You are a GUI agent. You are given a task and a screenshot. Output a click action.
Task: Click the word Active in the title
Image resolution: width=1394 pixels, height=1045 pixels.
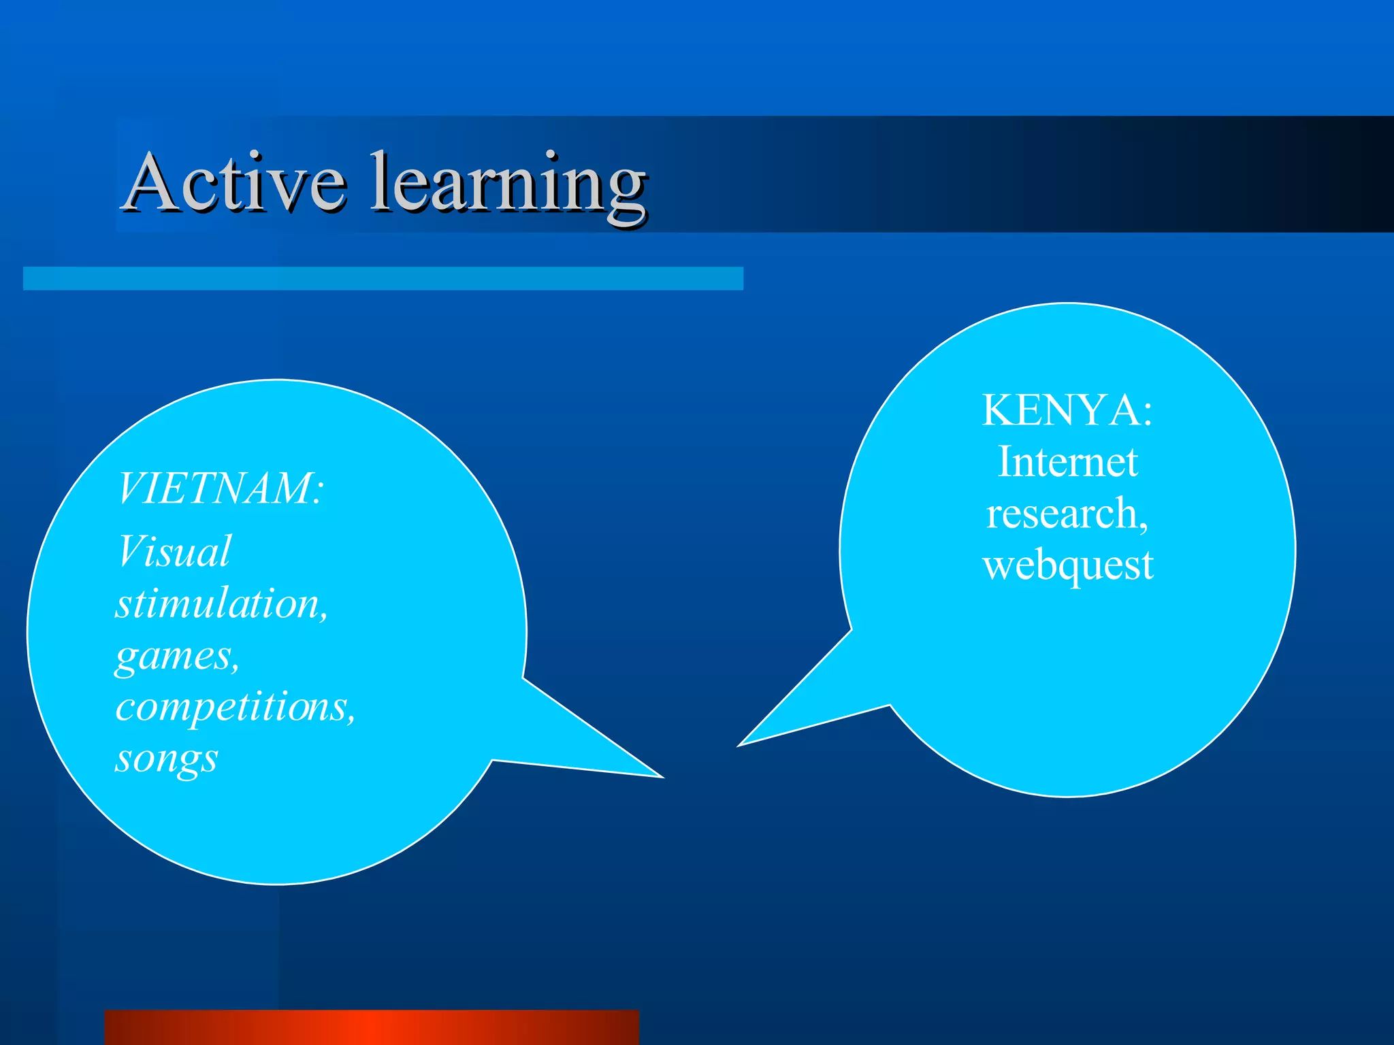pyautogui.click(x=235, y=182)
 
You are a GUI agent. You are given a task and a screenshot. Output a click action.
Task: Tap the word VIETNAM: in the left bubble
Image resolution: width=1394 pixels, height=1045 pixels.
pyautogui.click(x=219, y=488)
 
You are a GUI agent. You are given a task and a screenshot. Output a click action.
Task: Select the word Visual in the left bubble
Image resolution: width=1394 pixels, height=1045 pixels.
pyautogui.click(x=174, y=551)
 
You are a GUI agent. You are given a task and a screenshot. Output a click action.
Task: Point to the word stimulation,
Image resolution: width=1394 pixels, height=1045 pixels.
pyautogui.click(x=221, y=603)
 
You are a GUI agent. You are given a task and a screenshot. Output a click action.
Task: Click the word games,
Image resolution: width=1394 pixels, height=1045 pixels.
pyautogui.click(x=177, y=657)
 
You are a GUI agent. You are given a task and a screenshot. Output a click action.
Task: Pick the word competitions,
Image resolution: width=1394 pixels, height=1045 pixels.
pyautogui.click(x=235, y=708)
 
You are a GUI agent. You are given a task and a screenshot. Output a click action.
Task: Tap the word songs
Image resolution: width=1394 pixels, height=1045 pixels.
pyautogui.click(x=166, y=759)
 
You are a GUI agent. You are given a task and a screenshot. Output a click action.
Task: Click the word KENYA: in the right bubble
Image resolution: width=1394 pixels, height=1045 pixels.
pyautogui.click(x=1067, y=410)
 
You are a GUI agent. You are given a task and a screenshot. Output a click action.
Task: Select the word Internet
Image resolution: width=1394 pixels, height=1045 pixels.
pyautogui.click(x=1067, y=462)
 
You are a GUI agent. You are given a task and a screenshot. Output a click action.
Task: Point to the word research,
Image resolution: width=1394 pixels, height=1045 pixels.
pyautogui.click(x=1067, y=513)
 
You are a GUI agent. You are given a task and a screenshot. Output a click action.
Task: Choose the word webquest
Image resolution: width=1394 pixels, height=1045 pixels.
pyautogui.click(x=1067, y=565)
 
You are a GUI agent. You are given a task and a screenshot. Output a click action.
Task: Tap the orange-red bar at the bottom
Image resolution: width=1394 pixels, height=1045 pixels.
pyautogui.click(x=372, y=1027)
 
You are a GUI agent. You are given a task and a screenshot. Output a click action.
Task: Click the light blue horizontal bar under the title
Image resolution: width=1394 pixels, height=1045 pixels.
pyautogui.click(x=383, y=278)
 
